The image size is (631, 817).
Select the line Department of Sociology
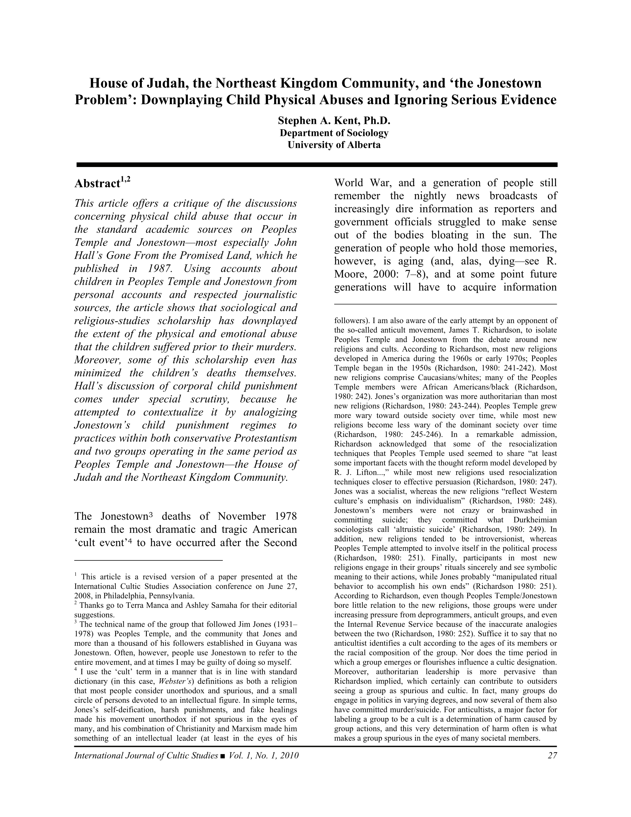334,133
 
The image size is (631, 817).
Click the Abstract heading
97,184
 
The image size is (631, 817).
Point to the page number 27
552,755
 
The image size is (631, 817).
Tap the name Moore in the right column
350,274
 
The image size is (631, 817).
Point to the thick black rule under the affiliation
317,165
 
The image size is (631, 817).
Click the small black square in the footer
223,756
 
